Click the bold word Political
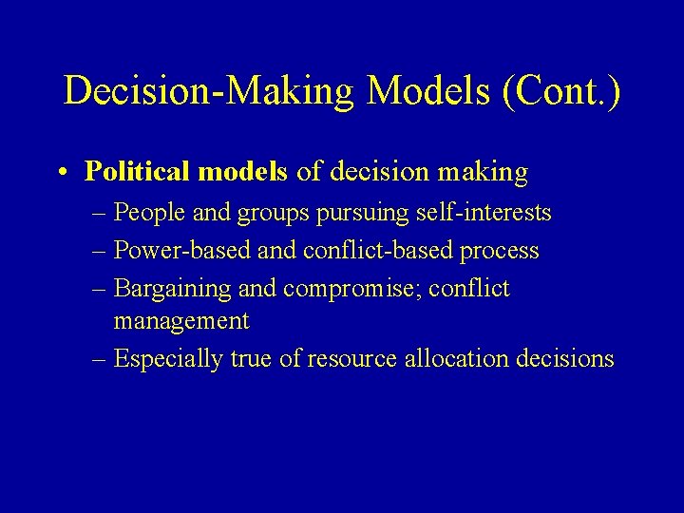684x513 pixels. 139,171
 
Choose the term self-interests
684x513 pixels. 484,214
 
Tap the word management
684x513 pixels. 181,322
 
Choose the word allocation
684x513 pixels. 451,358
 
